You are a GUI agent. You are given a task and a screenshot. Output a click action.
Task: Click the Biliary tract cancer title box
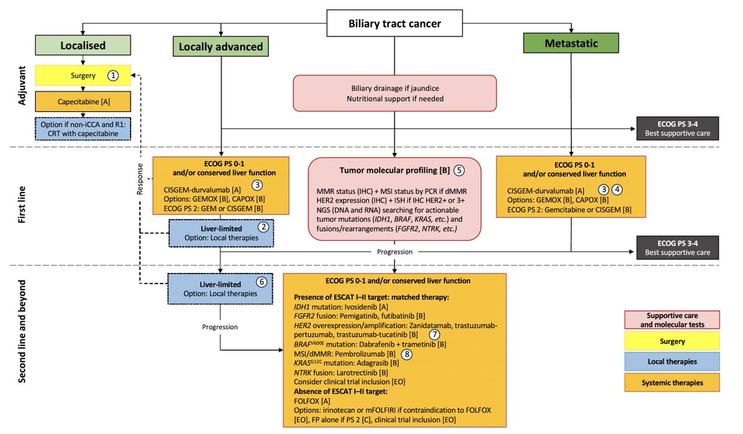click(394, 23)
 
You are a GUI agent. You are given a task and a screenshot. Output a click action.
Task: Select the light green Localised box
click(83, 45)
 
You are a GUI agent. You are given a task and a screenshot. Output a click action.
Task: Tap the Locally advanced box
click(220, 46)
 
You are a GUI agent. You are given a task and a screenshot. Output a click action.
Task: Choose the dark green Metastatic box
click(571, 43)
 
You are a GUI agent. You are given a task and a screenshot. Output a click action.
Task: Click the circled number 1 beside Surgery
click(113, 76)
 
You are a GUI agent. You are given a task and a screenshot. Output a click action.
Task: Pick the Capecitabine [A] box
click(83, 102)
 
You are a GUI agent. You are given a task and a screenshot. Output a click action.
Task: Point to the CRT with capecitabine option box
click(83, 129)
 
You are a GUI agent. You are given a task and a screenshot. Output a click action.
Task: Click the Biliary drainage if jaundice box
click(395, 93)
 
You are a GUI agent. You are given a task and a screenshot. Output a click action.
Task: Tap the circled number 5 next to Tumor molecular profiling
click(459, 170)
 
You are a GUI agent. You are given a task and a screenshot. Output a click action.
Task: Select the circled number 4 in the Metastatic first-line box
click(617, 189)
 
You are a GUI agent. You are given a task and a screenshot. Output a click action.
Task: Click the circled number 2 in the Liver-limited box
click(263, 227)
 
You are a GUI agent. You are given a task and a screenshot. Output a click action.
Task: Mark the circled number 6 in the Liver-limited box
click(261, 282)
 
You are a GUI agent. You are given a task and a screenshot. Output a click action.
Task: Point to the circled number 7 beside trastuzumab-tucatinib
click(434, 334)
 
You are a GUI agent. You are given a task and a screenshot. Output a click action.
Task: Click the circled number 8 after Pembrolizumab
click(407, 354)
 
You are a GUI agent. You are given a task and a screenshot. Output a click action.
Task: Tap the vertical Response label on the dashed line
click(140, 179)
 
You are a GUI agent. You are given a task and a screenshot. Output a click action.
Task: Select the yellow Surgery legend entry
click(672, 341)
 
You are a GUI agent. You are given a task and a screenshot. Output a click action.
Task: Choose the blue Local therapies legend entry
click(672, 362)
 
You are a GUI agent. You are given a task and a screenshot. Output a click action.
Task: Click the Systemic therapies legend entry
click(672, 383)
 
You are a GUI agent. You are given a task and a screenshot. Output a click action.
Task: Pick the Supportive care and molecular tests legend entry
click(672, 319)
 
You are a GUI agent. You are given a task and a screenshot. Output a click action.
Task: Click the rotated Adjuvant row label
click(22, 85)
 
